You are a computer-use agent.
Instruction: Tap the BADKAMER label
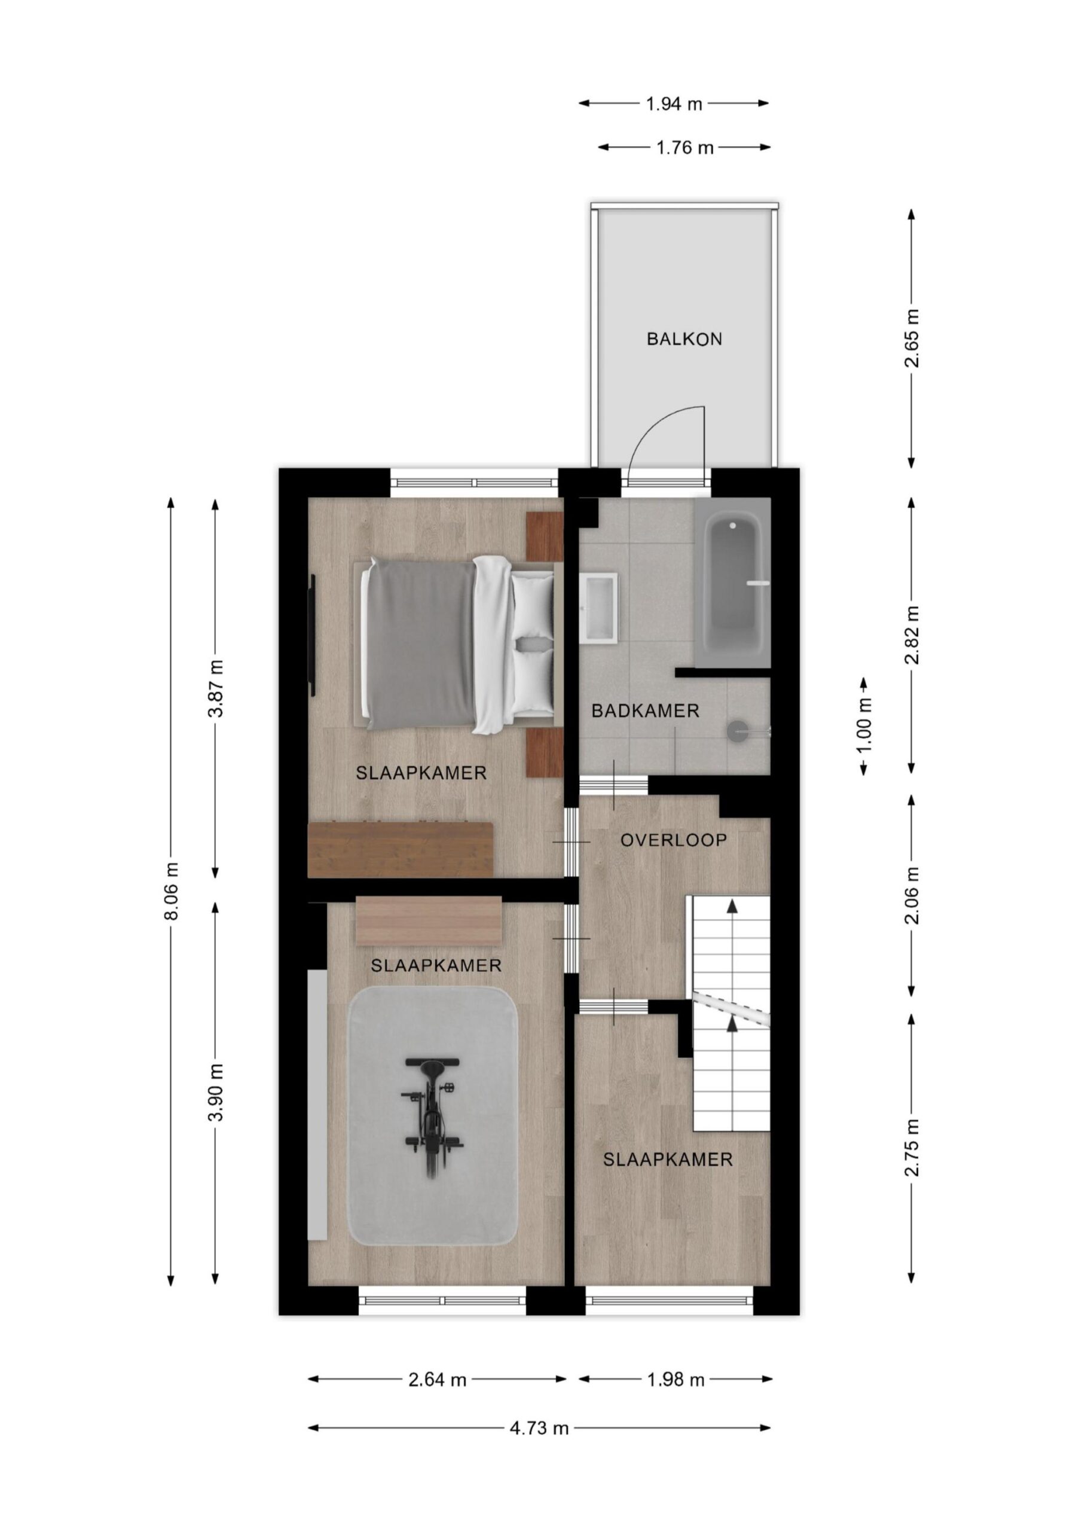(646, 711)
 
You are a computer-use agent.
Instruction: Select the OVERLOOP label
(673, 840)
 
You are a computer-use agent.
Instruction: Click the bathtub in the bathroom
(733, 582)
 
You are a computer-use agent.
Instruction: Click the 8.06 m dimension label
(172, 891)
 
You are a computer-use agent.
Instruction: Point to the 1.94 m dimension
(674, 103)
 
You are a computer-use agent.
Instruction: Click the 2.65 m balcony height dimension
(912, 338)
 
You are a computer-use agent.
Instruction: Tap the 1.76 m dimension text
(684, 147)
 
